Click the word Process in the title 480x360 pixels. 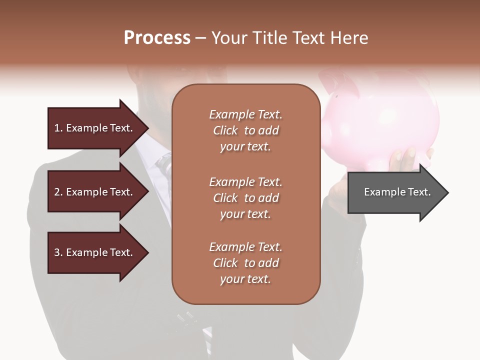point(157,37)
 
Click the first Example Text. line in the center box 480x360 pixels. point(245,114)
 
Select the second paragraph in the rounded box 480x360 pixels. point(245,197)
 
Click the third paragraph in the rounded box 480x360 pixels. point(245,262)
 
